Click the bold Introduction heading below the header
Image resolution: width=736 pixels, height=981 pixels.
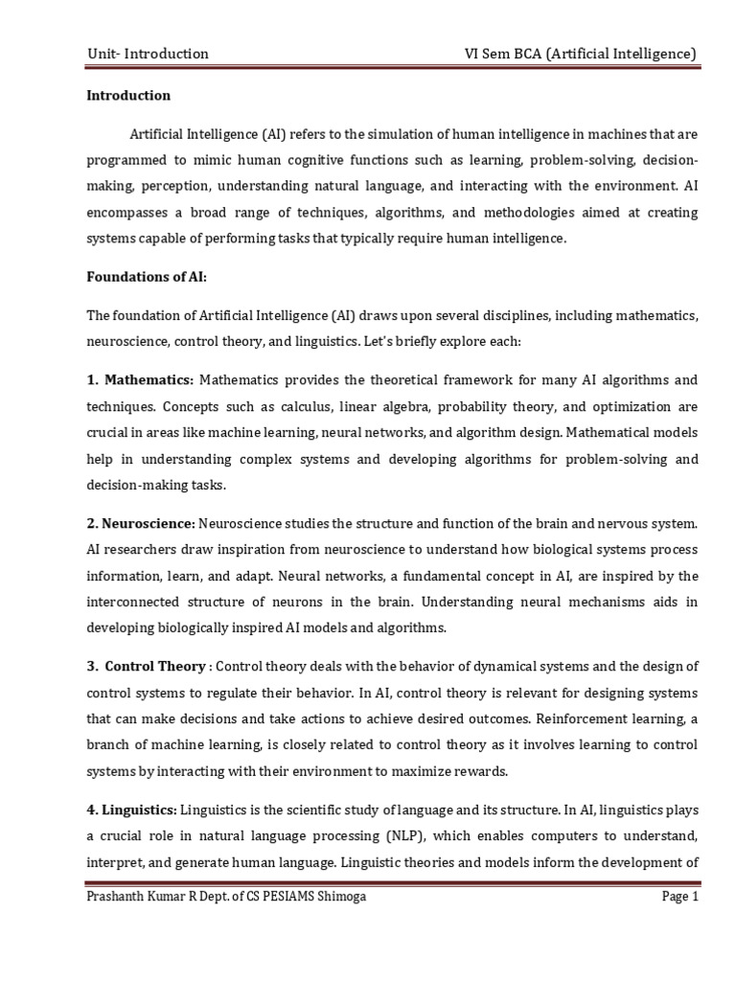(128, 96)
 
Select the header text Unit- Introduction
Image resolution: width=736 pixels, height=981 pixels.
(147, 54)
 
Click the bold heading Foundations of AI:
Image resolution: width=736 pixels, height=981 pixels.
(146, 277)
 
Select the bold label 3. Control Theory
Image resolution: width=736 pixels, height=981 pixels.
(146, 667)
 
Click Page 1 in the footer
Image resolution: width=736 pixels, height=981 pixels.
(679, 898)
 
